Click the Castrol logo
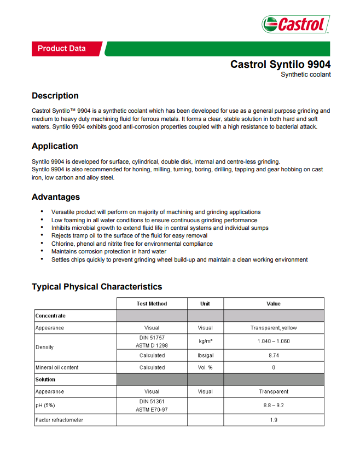point(295,25)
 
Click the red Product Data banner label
point(62,49)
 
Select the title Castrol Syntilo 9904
point(280,65)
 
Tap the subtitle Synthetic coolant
point(305,74)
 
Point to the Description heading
point(55,96)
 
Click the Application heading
point(55,146)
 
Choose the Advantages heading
point(56,197)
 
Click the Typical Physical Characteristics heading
point(97,287)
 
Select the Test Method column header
point(152,304)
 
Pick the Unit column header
point(205,304)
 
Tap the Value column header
point(274,304)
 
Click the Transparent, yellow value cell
point(274,328)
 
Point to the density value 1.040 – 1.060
point(274,342)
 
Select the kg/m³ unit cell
point(205,342)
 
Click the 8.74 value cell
point(274,355)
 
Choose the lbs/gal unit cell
point(205,355)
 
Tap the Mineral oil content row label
point(57,368)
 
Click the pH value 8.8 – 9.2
point(274,406)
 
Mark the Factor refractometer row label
point(59,420)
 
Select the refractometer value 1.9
point(274,420)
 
